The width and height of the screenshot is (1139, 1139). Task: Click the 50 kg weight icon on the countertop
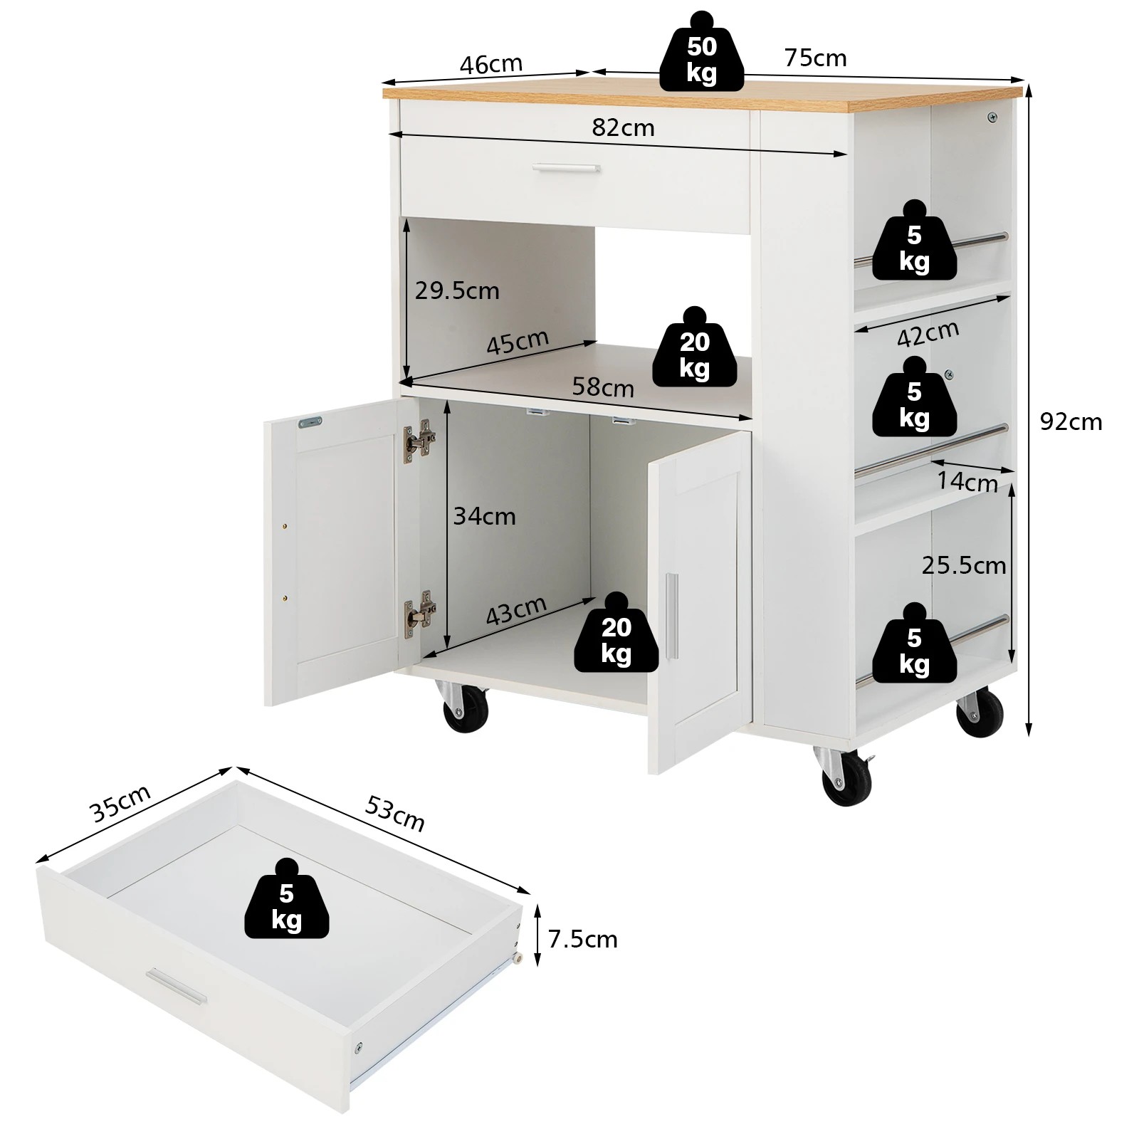tap(701, 57)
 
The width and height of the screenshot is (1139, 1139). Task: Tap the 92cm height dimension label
tap(1071, 422)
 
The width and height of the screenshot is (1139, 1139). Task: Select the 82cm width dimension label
tap(623, 127)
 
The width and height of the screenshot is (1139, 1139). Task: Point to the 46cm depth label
tap(491, 64)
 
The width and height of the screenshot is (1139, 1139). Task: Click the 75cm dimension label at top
tap(815, 58)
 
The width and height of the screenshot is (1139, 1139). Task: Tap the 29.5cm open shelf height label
tap(457, 290)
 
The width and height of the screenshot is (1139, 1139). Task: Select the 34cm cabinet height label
tap(484, 515)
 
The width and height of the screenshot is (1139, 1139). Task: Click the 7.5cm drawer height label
tap(582, 939)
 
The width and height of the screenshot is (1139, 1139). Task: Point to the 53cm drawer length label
tap(395, 813)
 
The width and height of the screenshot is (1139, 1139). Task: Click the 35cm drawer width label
tap(120, 803)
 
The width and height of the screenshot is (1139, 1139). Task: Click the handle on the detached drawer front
tap(176, 987)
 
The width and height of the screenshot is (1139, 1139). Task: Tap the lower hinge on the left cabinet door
tap(420, 610)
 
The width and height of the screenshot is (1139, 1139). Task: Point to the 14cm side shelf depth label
tap(966, 482)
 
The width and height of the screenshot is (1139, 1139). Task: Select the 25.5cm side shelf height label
tap(963, 565)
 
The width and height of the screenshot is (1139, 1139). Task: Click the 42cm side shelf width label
tap(928, 333)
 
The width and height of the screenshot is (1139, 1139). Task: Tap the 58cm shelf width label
tap(603, 387)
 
